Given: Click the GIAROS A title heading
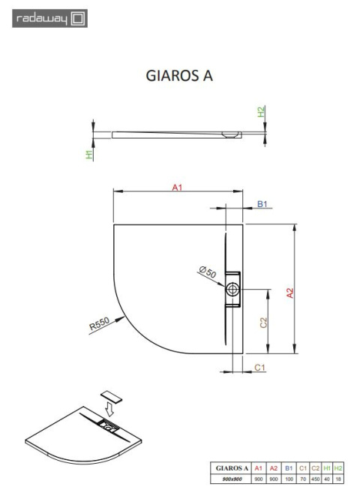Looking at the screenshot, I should [178, 77].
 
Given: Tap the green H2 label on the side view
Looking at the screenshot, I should [262, 112].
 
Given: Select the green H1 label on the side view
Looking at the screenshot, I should [89, 155].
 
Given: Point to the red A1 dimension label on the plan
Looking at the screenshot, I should [178, 187].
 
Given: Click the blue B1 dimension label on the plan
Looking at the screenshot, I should [262, 204].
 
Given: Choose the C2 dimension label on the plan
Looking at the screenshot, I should [264, 323].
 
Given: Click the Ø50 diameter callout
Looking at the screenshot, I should [207, 272].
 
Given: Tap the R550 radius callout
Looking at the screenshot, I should [100, 324].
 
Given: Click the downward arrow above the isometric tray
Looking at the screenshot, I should [110, 409].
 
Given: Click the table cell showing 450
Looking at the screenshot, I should [315, 478].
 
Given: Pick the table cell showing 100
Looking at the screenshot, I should [289, 478].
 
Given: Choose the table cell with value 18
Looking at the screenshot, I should [339, 478].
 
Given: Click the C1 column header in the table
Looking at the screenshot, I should [302, 467].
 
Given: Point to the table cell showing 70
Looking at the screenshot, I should [302, 478].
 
